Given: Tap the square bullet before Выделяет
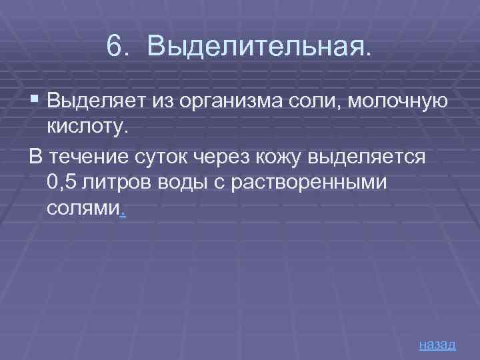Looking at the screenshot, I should point(35,101).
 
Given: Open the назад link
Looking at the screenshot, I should point(437,344).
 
